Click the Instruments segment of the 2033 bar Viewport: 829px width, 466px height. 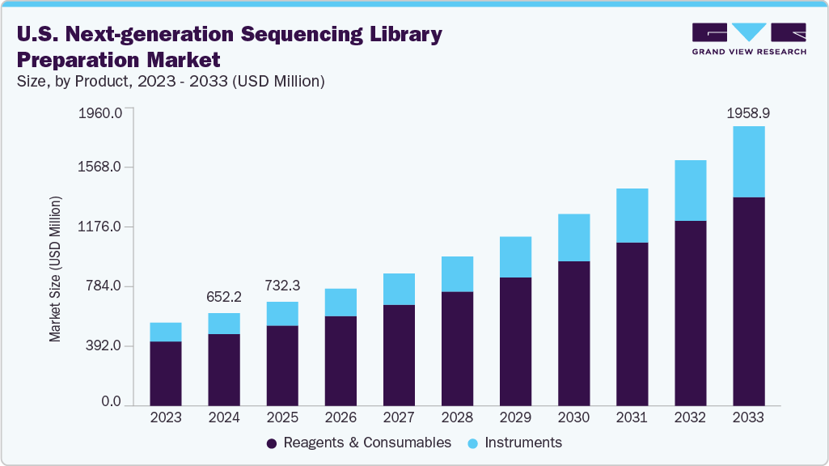coord(748,162)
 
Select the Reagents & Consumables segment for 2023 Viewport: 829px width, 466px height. coord(166,373)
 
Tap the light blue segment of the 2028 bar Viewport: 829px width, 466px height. coord(457,273)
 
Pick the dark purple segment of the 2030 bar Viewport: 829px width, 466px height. coord(573,333)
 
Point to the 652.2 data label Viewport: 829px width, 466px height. coord(224,298)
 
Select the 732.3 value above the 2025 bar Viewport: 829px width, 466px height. coord(282,286)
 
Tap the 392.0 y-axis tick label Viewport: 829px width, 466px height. coord(104,346)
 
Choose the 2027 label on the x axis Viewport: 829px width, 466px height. coord(399,417)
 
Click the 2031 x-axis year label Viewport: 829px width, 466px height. coord(632,417)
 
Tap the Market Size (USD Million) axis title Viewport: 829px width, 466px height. coord(55,268)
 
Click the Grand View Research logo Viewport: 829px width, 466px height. coord(749,39)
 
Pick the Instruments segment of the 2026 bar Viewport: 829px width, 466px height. coord(340,302)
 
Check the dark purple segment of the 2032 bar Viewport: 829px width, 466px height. coord(690,312)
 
